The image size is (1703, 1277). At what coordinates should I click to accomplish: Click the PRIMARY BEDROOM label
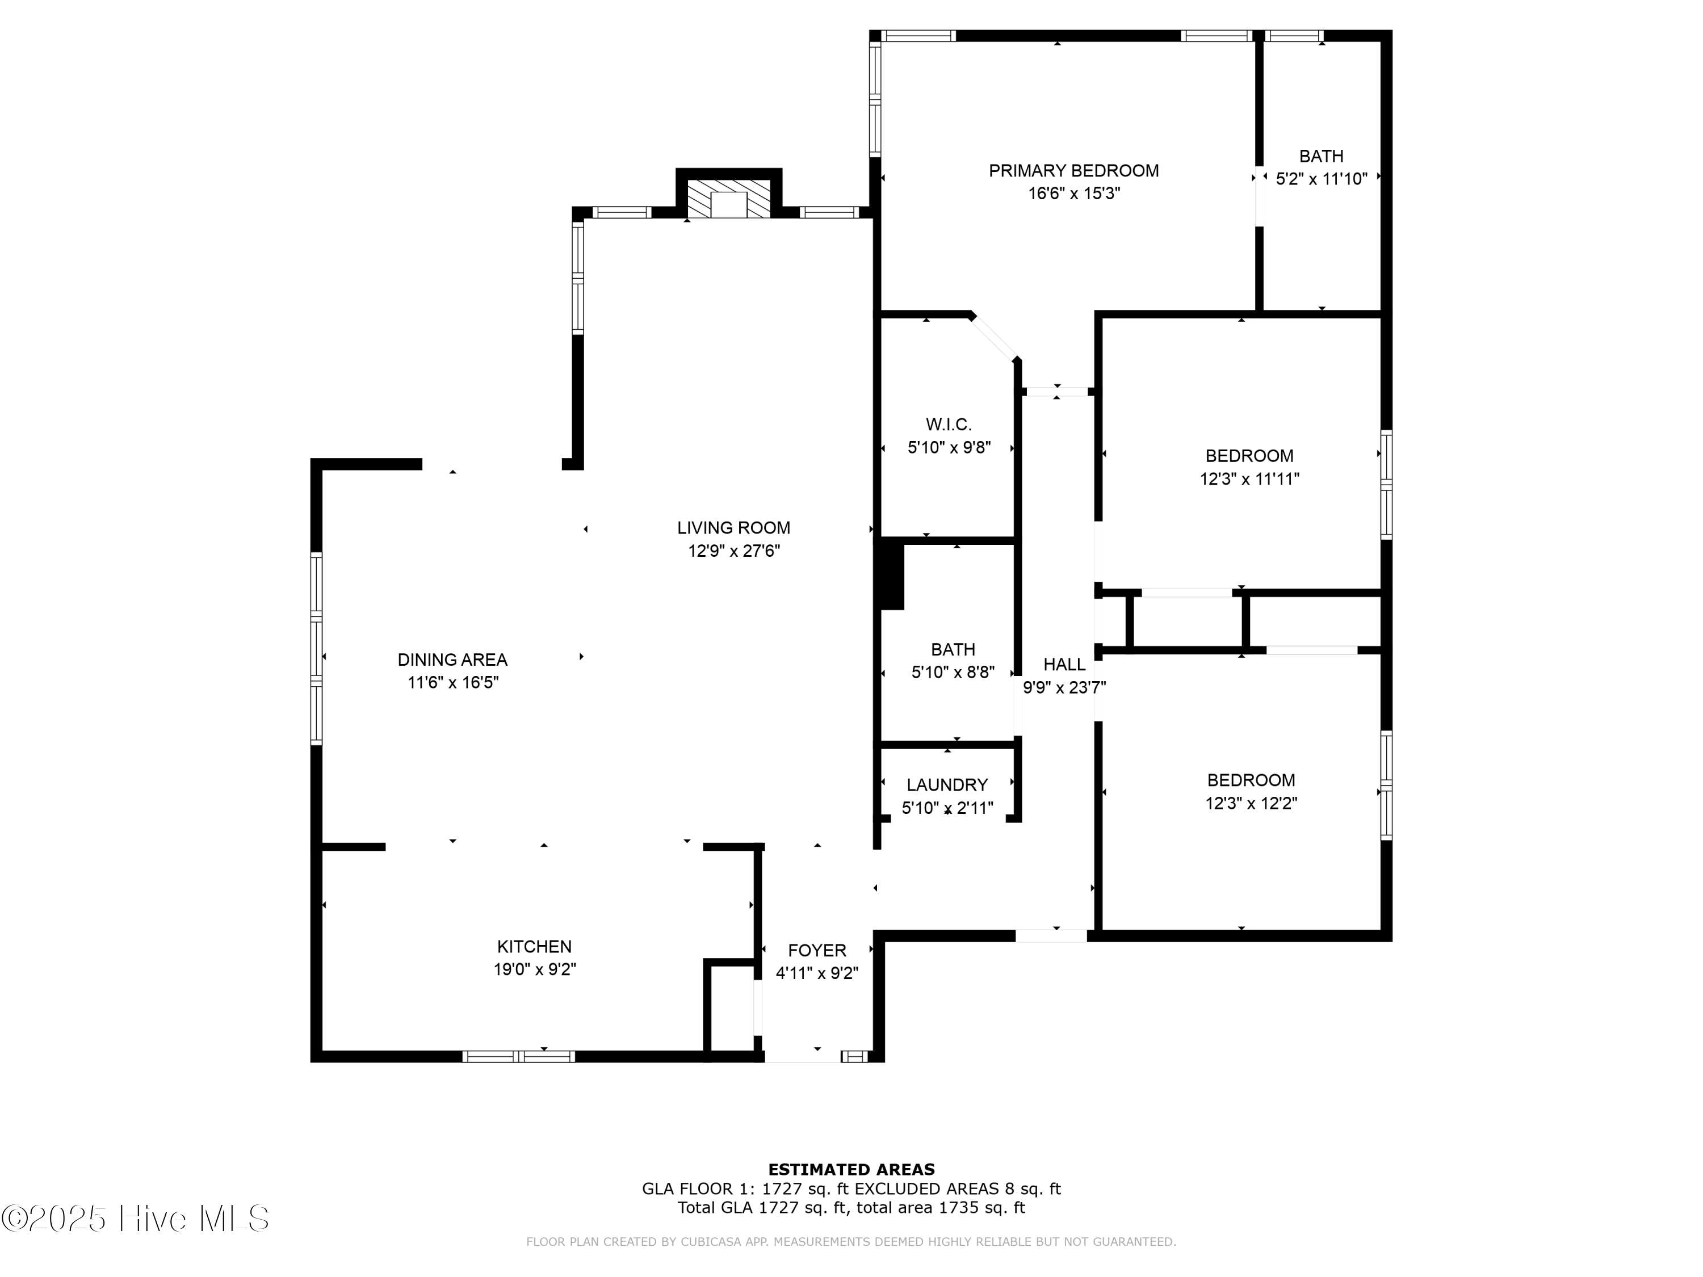click(1073, 171)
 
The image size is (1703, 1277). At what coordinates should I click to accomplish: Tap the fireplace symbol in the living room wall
click(728, 199)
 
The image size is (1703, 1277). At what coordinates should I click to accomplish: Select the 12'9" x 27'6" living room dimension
click(733, 551)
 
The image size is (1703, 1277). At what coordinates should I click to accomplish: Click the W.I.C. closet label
click(949, 424)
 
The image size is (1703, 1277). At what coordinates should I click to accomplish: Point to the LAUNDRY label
click(947, 784)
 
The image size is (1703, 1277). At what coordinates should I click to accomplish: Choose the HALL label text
click(1064, 664)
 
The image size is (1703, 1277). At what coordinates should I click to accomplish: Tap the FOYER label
click(817, 950)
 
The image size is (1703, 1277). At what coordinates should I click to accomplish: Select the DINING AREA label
click(452, 659)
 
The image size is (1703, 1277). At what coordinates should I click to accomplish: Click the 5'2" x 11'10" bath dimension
click(1321, 179)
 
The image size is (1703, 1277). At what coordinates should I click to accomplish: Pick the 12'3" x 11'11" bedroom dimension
click(1249, 479)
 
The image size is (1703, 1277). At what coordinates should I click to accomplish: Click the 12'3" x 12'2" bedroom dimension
click(1251, 804)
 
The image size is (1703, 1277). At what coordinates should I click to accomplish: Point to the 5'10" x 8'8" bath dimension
click(953, 673)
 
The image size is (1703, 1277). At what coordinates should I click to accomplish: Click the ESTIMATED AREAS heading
click(851, 1170)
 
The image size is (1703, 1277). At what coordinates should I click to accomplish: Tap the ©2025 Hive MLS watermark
click(135, 1219)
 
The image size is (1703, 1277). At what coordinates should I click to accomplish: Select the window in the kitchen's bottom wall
click(518, 1056)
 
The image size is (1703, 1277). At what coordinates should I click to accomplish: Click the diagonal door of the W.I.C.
click(995, 337)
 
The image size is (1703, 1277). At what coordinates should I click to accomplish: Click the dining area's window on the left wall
click(316, 648)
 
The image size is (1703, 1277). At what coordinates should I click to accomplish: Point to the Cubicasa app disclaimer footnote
click(851, 1242)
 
